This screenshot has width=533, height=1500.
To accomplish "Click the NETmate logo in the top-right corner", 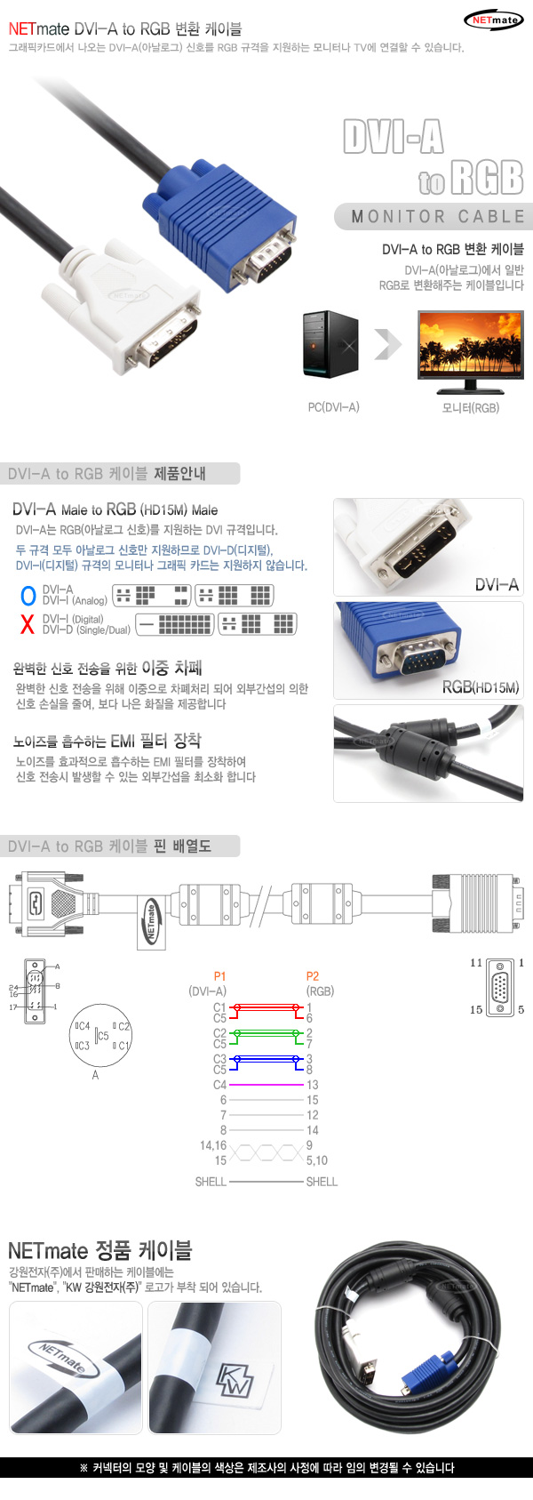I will (x=493, y=20).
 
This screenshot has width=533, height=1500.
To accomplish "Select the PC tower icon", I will (x=330, y=345).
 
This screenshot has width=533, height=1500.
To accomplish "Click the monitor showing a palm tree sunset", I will (x=471, y=349).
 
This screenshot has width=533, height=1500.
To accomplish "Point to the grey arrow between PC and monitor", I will (x=387, y=345).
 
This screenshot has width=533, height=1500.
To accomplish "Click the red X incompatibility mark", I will (x=28, y=624).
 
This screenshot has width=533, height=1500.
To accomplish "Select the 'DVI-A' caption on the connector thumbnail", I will (x=496, y=584).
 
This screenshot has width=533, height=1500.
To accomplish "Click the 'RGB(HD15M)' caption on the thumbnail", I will (x=480, y=687).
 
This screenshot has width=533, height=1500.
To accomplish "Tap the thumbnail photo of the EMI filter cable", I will (x=428, y=753).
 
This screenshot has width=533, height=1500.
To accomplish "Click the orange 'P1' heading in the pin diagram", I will (x=219, y=976).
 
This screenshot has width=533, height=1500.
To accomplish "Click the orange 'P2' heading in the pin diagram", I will (x=312, y=976).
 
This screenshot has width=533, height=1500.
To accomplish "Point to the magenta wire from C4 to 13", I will (x=266, y=1085).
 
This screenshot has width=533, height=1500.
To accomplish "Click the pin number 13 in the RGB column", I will (x=312, y=1085).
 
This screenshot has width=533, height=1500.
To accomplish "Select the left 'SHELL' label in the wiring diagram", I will (x=211, y=1182).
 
